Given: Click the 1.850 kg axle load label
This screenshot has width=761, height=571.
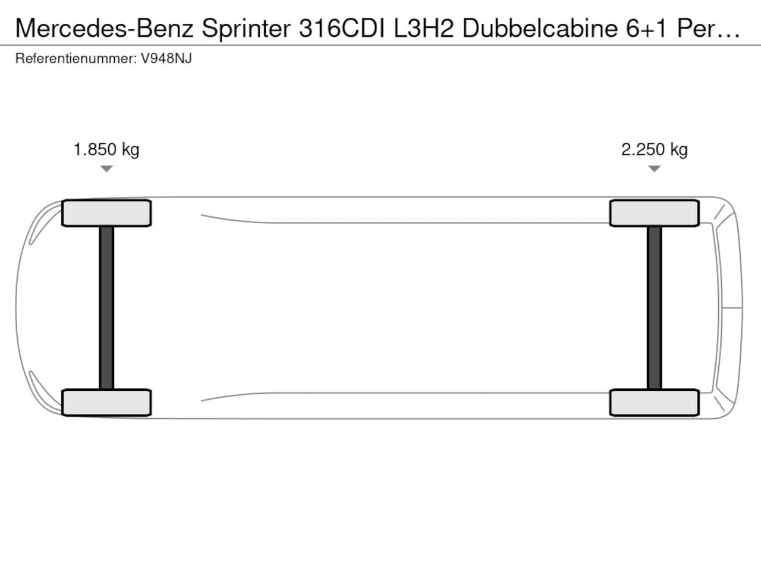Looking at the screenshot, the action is tap(106, 150).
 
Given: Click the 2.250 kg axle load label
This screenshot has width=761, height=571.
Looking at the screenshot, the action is tap(654, 150).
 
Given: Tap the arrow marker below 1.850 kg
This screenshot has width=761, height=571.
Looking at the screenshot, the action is tap(106, 168).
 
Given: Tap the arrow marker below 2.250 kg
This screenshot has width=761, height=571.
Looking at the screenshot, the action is tap(654, 168).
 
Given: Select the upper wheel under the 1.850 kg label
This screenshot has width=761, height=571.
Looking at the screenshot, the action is tap(106, 213).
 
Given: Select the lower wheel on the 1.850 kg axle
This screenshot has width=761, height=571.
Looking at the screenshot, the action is tap(106, 403).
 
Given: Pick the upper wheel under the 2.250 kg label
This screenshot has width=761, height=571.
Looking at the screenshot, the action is tap(654, 213).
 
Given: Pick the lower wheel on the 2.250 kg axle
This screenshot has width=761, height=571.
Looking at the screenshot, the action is tap(654, 403).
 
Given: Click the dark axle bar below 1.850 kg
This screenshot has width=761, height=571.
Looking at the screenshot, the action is tap(106, 308).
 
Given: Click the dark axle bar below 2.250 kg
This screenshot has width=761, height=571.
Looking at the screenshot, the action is tap(654, 308).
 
